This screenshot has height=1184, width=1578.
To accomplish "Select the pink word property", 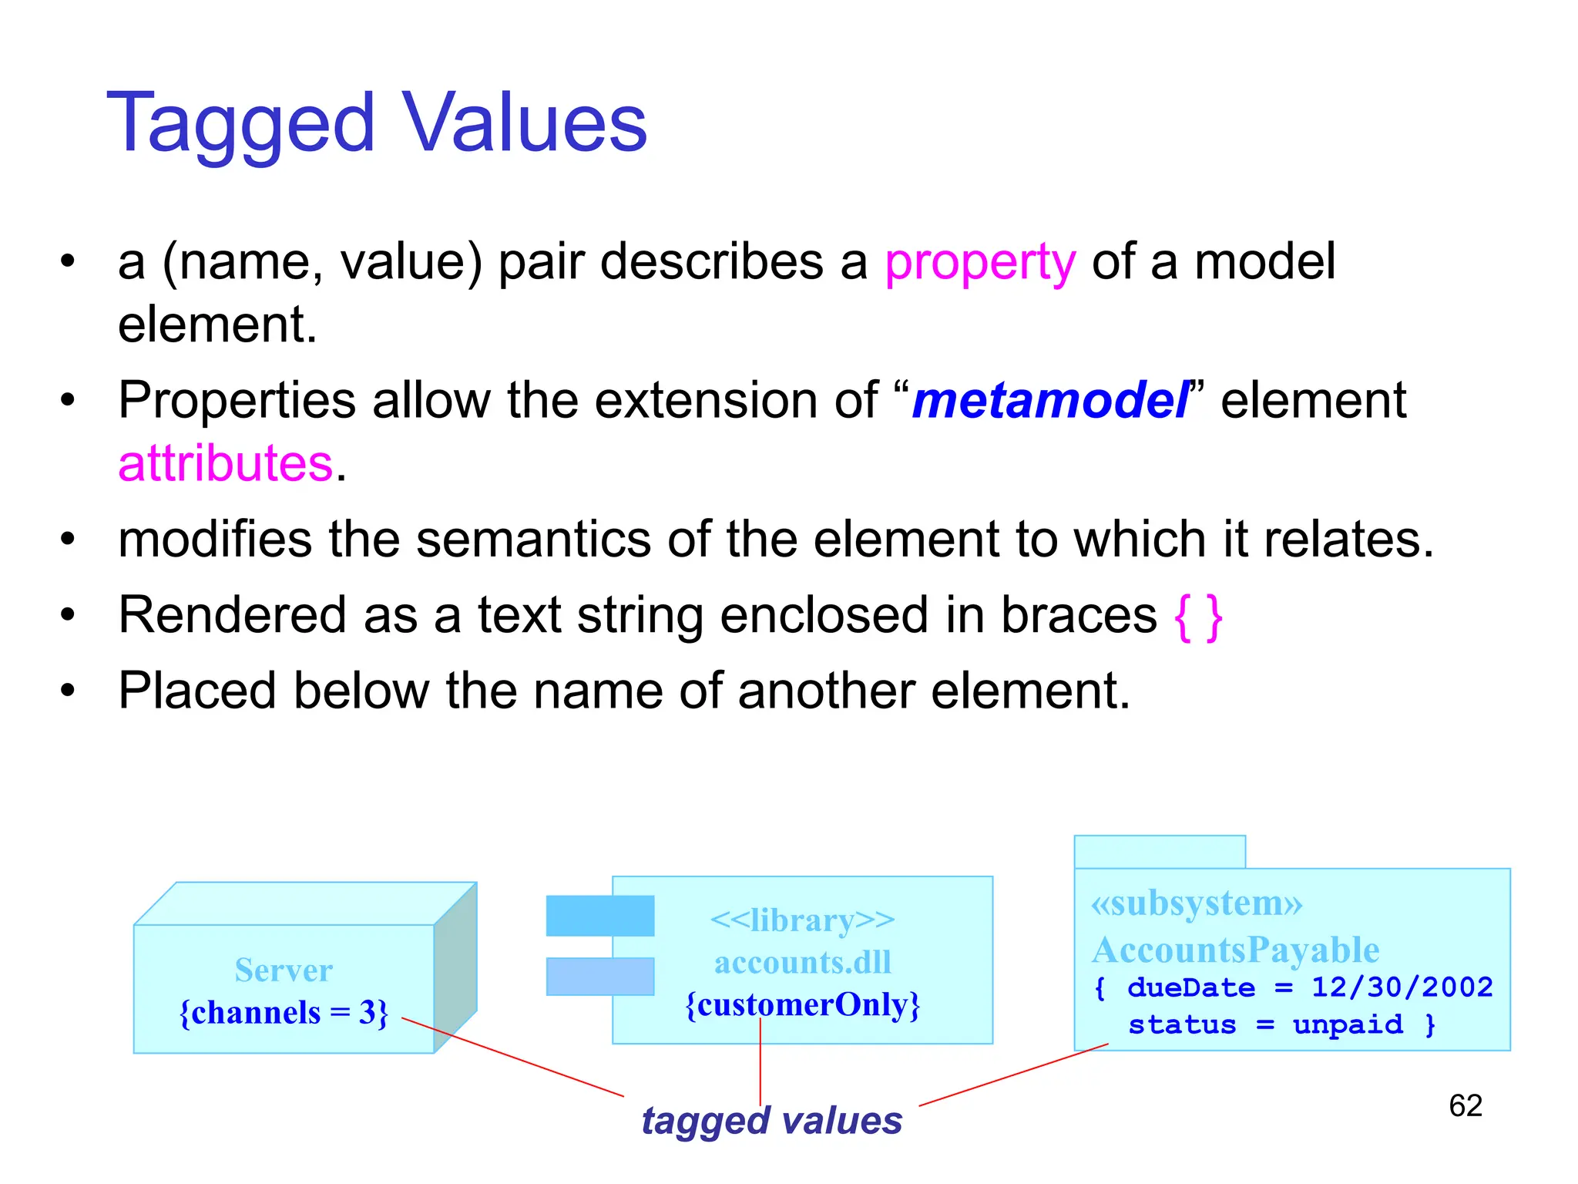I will click(979, 263).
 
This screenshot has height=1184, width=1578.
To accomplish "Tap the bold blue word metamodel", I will click(1050, 401).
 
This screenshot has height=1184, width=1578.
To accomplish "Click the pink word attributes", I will click(226, 464).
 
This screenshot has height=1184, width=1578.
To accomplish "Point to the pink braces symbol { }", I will click(1198, 617).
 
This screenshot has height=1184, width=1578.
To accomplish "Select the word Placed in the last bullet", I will click(196, 691).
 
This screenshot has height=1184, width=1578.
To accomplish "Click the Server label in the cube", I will click(284, 970).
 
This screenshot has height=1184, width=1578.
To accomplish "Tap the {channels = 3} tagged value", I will click(284, 1013).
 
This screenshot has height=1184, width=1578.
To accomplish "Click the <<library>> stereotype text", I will click(802, 920).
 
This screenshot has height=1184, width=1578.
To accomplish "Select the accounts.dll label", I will click(802, 963).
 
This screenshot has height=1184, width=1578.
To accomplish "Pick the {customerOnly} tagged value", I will click(802, 1005).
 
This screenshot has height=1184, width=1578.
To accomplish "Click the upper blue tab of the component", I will click(599, 916).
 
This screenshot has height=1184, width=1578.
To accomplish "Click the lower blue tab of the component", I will click(599, 977).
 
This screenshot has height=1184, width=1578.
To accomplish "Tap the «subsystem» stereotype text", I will click(1196, 903).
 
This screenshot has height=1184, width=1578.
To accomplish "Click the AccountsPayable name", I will click(1235, 950).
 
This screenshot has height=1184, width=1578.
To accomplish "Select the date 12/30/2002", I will click(1402, 987).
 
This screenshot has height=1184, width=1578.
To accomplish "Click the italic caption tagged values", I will click(771, 1121).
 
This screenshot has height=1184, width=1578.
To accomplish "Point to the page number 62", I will click(1465, 1106).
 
